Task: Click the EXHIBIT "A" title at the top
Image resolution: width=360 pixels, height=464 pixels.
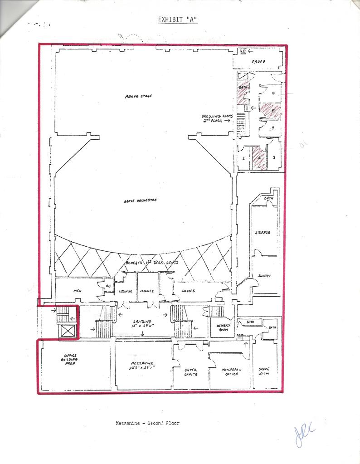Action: [x=177, y=20]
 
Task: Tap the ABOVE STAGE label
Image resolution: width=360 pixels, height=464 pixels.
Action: [x=138, y=96]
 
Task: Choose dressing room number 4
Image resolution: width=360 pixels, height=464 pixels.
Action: [x=273, y=128]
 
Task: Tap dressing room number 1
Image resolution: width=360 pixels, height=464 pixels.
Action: [x=243, y=158]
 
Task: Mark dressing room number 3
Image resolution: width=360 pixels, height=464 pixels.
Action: [x=274, y=157]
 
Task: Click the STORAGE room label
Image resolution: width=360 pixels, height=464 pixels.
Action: [x=263, y=232]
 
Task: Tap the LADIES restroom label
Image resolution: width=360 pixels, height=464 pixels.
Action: [x=188, y=291]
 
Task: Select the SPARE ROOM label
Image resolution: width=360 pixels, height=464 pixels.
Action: [x=264, y=371]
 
